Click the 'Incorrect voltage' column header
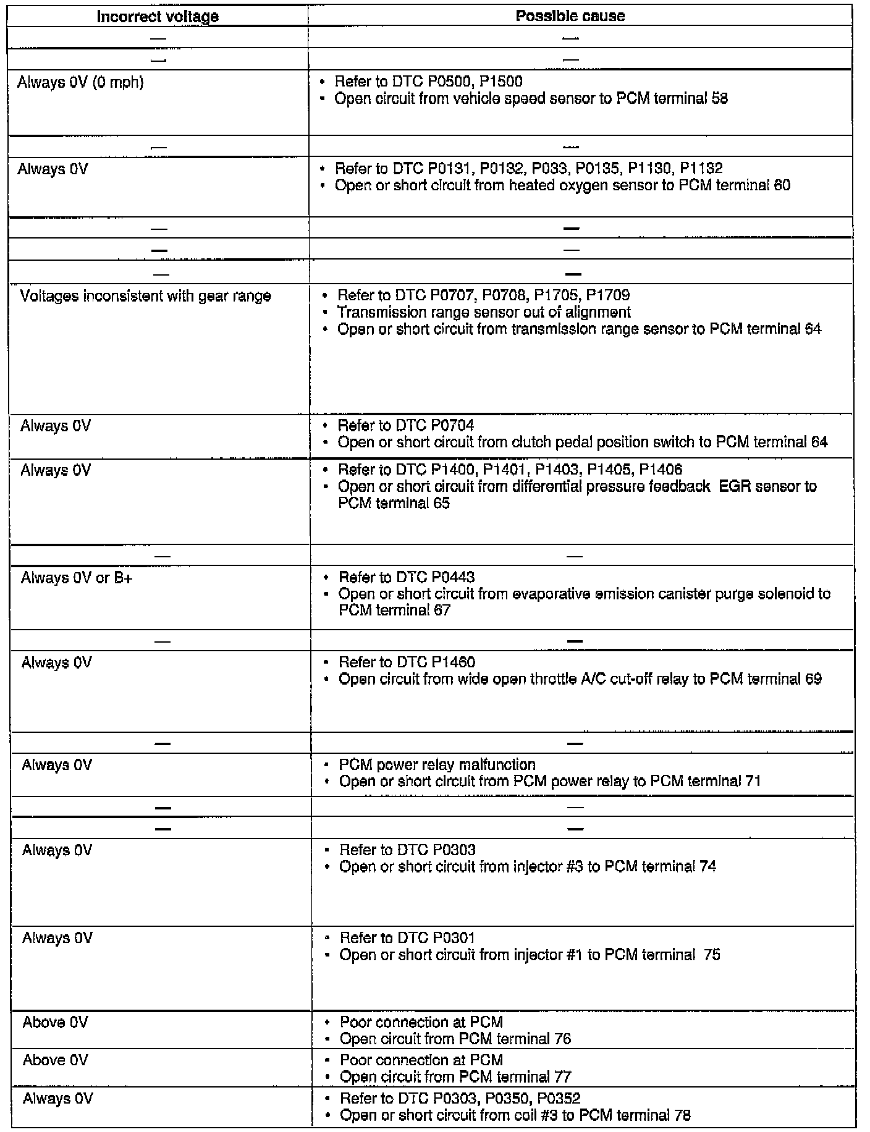(x=158, y=16)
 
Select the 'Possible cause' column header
(x=570, y=16)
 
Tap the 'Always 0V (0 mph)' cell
(x=80, y=82)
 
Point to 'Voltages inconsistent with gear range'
(x=146, y=296)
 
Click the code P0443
(x=453, y=577)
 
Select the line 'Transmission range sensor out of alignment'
(x=484, y=312)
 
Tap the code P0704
(x=452, y=426)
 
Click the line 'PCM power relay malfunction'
(x=437, y=765)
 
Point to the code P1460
(x=453, y=662)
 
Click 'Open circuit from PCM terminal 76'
(x=455, y=1039)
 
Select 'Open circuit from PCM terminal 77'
(x=455, y=1077)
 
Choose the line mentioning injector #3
(x=528, y=867)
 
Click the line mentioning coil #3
(x=515, y=1115)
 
